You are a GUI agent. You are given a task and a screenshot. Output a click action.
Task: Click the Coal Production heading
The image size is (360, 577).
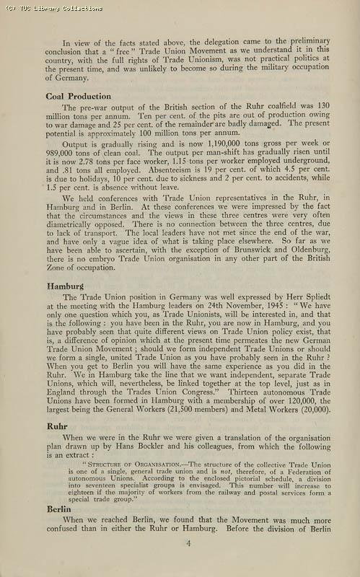tap(79, 96)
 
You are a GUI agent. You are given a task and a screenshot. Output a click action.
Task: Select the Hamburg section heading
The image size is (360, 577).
tap(65, 286)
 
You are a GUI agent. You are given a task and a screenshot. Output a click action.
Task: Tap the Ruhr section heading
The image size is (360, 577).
tap(56, 426)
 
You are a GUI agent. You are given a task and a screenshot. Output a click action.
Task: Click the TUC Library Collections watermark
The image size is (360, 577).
tap(52, 8)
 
